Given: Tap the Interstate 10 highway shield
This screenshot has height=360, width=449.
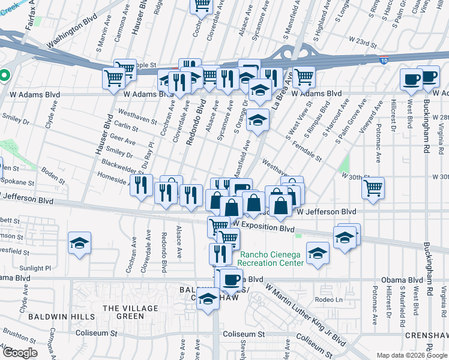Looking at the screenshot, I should coord(384,60).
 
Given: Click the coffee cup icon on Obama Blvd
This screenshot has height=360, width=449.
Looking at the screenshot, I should coord(232,279).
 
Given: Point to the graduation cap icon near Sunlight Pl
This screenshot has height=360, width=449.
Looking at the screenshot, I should coord(79,243).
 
